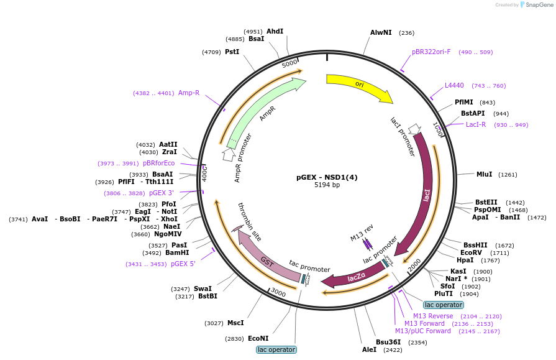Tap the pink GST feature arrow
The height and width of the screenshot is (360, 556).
[267, 259]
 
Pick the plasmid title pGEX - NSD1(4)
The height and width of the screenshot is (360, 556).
[327, 177]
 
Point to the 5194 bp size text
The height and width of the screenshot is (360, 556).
[327, 185]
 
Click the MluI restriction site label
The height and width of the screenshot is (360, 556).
[485, 174]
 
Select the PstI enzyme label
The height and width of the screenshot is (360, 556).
[232, 52]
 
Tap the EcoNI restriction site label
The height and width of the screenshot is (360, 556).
[258, 338]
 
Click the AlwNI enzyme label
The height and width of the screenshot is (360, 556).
[381, 33]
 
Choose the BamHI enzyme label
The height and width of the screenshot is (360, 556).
[177, 253]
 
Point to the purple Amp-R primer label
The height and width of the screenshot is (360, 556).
[189, 93]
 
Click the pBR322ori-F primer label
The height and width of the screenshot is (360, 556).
[431, 52]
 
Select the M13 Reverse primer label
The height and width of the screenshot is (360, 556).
[433, 316]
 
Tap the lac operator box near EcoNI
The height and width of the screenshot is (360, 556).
[276, 349]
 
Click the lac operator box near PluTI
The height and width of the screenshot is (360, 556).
[443, 305]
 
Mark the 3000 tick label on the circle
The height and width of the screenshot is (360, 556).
[278, 293]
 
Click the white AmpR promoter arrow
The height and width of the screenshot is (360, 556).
[229, 154]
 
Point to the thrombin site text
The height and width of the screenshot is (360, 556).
[249, 222]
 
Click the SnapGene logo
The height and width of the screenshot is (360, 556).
[537, 4]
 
